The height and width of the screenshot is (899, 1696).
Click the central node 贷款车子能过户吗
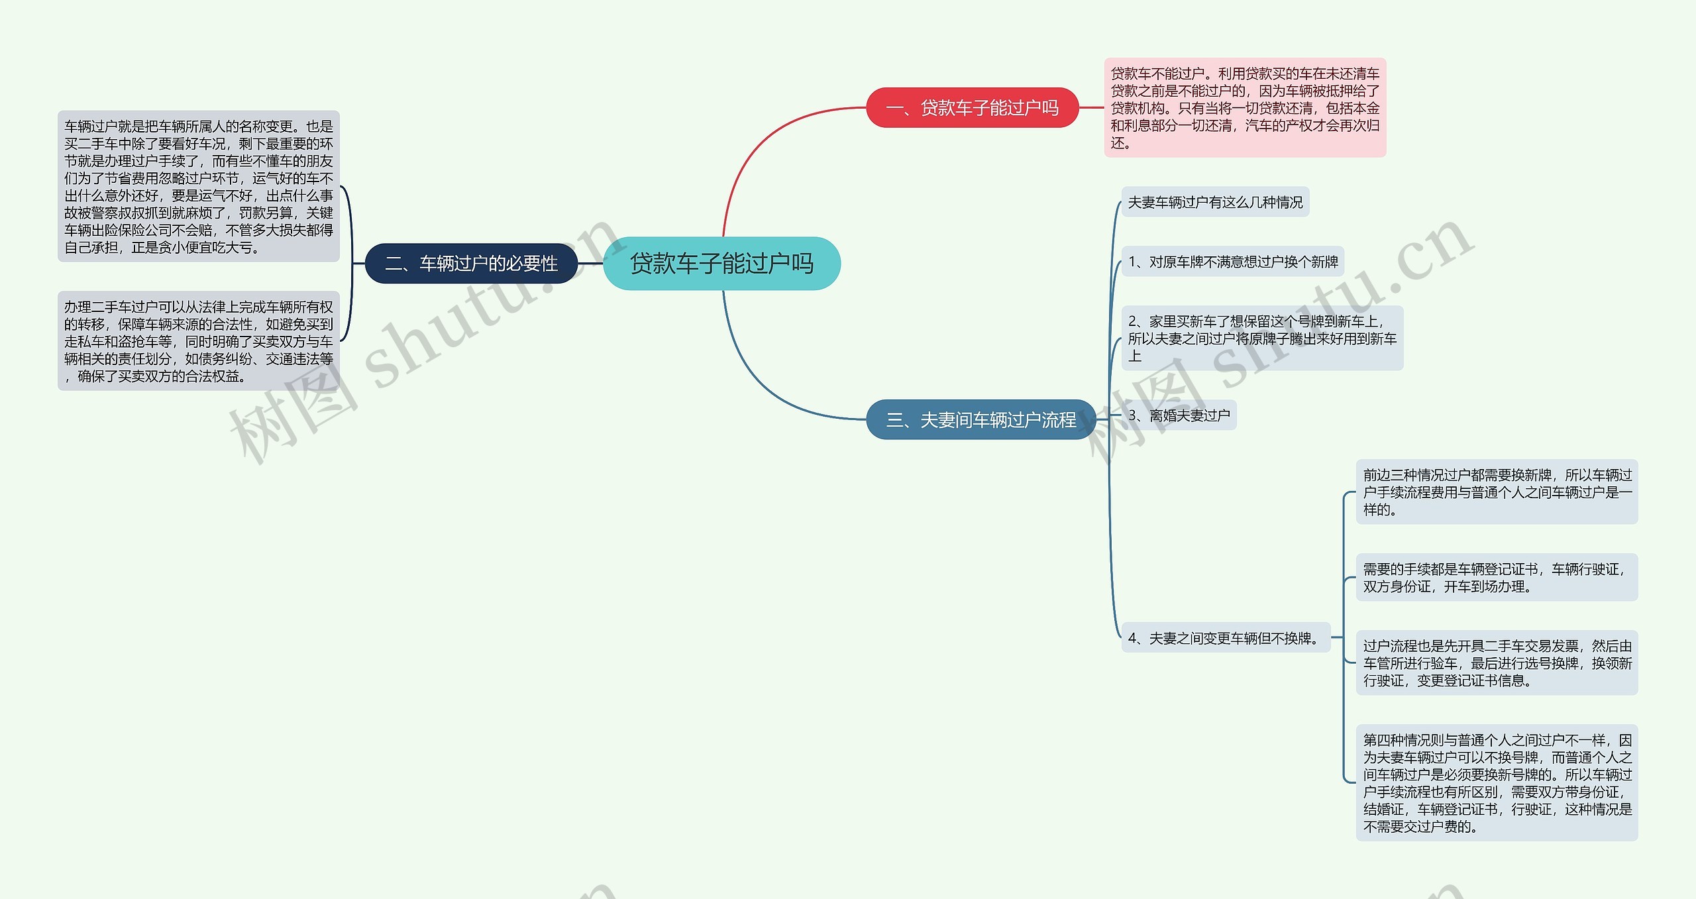click(721, 263)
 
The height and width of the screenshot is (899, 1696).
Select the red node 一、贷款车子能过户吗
click(972, 107)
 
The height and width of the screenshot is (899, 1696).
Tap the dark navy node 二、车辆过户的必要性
click(471, 263)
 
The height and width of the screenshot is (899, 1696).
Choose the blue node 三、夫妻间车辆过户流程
click(980, 419)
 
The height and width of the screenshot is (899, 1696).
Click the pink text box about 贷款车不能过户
click(1244, 107)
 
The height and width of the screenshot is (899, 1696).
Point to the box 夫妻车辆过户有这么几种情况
click(1215, 202)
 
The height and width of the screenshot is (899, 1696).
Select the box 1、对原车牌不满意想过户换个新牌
click(1232, 262)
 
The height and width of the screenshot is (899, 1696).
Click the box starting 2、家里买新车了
click(1261, 338)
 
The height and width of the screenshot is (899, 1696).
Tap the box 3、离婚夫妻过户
click(1179, 415)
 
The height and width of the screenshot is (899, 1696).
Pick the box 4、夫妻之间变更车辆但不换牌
click(1225, 637)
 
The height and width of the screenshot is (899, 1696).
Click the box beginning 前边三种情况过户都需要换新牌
click(1497, 492)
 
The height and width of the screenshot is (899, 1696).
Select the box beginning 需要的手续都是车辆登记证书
click(1497, 577)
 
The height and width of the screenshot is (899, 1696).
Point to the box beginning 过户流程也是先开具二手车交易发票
click(1497, 662)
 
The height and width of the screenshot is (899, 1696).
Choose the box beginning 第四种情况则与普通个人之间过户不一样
click(1497, 782)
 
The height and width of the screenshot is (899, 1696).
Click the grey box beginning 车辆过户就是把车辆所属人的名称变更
click(198, 186)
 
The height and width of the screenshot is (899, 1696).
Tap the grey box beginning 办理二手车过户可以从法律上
click(198, 341)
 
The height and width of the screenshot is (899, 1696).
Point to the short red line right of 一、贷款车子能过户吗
click(1091, 107)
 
